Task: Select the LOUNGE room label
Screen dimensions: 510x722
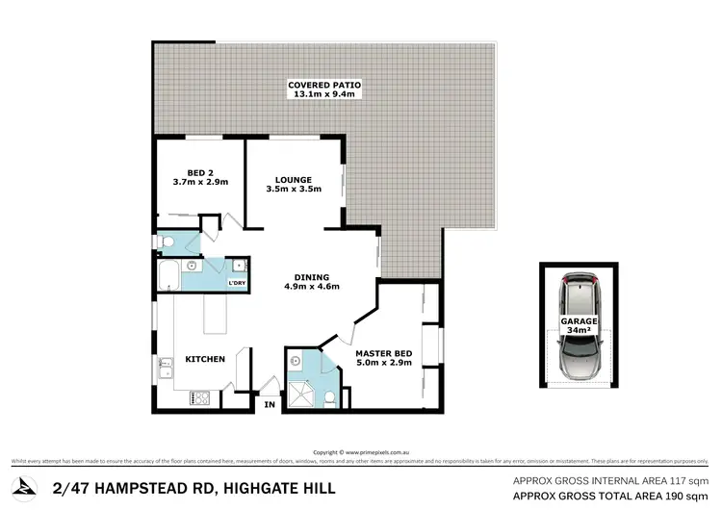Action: (x=293, y=178)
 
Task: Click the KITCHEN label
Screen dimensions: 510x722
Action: (x=206, y=359)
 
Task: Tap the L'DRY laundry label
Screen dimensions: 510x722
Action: (x=236, y=283)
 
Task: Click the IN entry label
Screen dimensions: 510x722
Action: (x=271, y=406)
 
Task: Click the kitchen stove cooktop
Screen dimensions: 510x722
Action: (x=201, y=395)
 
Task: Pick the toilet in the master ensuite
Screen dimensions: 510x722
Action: (x=329, y=396)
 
